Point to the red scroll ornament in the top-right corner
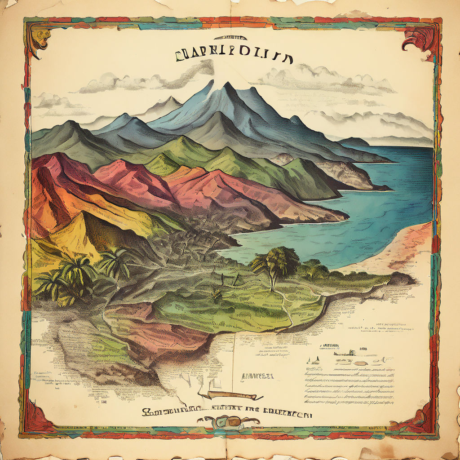420,43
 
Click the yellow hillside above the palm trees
85,234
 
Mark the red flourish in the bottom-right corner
416,420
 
